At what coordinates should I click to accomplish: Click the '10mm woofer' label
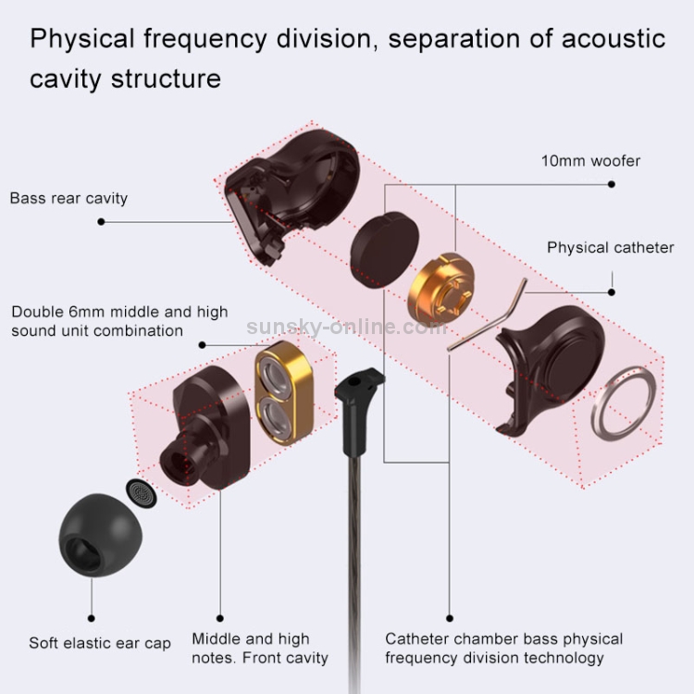590,161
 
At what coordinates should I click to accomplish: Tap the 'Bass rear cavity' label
68,198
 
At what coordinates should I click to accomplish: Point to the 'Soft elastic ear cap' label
100,643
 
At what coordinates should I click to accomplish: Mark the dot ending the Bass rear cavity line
100,222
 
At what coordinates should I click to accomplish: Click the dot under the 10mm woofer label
612,184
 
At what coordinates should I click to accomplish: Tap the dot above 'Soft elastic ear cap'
92,618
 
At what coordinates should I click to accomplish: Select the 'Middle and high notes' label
259,648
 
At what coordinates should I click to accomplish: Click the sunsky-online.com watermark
347,327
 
